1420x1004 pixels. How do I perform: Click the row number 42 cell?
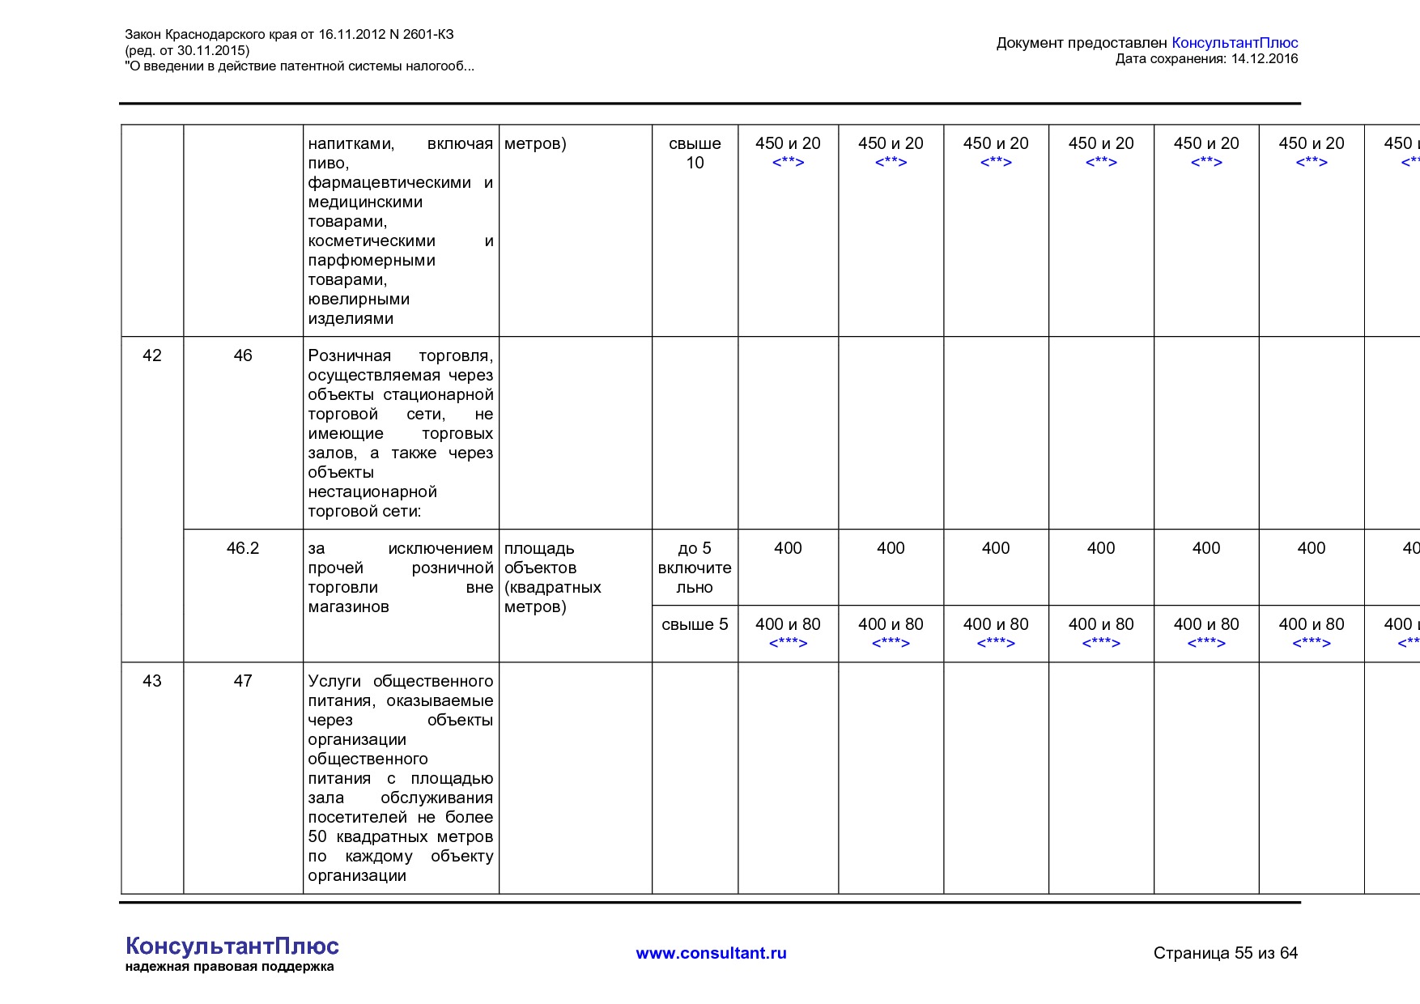pos(152,355)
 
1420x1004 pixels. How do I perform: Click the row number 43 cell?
pos(152,681)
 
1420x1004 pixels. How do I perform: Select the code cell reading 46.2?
pos(243,548)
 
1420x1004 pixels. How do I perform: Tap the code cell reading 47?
pos(243,681)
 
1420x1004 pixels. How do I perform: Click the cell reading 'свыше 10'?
pos(695,153)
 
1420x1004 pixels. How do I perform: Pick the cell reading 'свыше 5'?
pos(695,624)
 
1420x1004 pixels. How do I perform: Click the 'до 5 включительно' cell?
pos(695,568)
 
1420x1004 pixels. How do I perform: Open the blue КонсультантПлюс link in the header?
pos(1235,43)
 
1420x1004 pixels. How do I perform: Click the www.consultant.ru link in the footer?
pos(711,953)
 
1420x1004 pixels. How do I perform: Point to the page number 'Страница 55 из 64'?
pos(1225,953)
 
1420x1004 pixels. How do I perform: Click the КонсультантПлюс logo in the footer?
pos(232,946)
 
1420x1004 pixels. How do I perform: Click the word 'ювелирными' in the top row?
pos(359,299)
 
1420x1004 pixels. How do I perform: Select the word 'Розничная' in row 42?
pos(349,355)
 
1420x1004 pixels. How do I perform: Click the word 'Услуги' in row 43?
pos(334,681)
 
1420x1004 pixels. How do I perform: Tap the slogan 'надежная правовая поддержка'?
pos(229,967)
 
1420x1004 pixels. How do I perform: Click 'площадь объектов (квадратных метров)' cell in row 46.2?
pos(553,577)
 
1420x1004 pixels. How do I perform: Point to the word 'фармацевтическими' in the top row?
pos(389,182)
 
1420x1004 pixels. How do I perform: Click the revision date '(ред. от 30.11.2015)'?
pos(187,50)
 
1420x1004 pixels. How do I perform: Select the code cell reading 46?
pos(243,355)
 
